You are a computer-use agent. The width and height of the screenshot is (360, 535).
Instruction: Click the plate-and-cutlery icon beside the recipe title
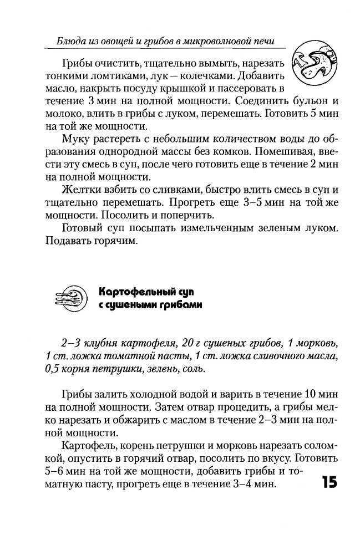coord(70,298)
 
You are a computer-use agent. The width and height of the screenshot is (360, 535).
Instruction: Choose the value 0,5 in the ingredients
coord(54,369)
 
